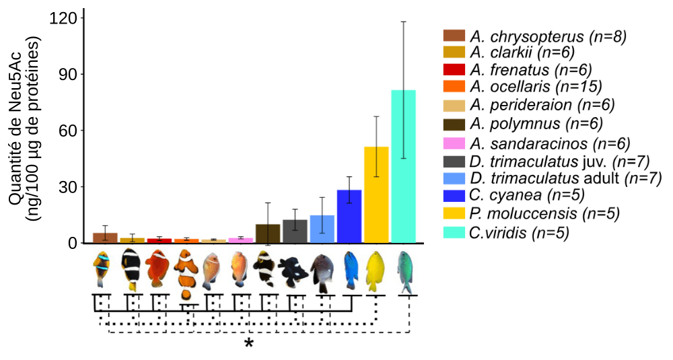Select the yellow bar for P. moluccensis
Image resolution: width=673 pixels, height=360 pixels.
click(x=376, y=195)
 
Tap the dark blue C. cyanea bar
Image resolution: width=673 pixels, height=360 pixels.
click(x=349, y=217)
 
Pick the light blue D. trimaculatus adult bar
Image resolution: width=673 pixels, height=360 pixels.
click(x=322, y=229)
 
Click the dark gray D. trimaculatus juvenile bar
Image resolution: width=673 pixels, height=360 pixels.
click(x=295, y=231)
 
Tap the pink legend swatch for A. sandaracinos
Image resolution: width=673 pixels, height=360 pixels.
click(x=454, y=143)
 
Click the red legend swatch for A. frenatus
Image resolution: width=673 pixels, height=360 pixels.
click(x=454, y=69)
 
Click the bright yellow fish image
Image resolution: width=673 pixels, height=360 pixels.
click(x=375, y=273)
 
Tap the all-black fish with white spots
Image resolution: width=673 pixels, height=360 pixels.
click(x=294, y=271)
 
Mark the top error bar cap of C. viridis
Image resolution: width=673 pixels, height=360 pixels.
click(x=403, y=22)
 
